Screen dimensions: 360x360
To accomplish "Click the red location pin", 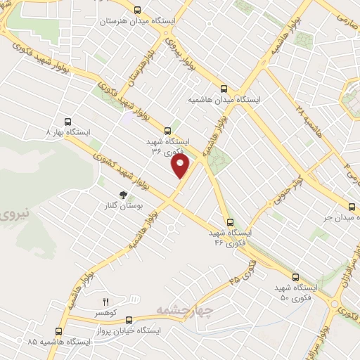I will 181,167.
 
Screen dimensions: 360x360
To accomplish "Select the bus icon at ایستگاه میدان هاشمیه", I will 224,89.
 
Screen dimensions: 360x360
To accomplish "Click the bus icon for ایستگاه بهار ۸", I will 68,121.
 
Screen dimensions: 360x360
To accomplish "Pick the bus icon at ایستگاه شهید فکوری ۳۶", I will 167,130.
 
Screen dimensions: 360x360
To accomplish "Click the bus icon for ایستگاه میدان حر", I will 352,206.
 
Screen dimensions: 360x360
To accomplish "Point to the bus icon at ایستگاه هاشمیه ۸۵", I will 58,330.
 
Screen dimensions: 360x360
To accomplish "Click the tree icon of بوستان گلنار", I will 124,195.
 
